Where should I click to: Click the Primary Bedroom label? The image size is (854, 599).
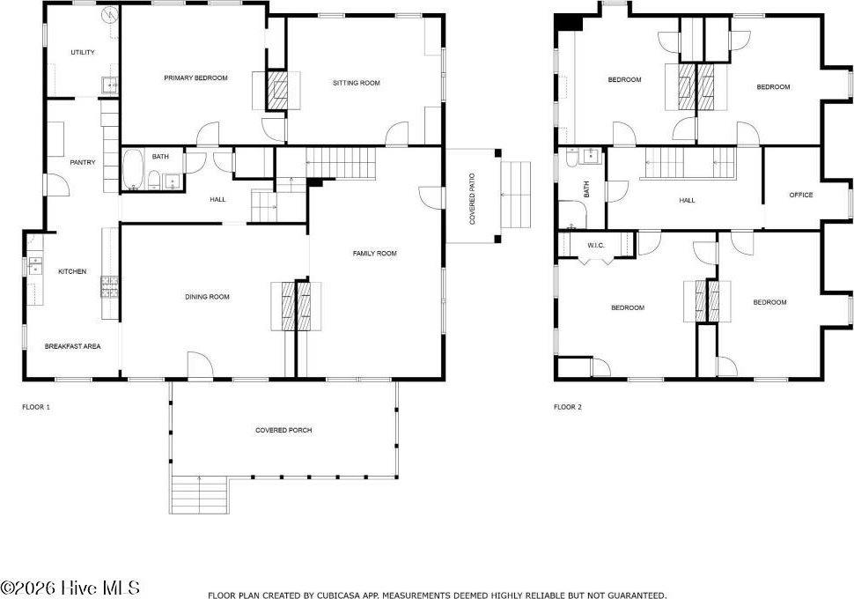195,78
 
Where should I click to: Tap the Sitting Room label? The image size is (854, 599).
356,83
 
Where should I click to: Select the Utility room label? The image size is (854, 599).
83,53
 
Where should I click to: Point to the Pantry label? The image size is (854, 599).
83,162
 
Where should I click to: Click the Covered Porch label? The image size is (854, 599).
283,430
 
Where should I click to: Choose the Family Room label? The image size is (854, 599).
375,254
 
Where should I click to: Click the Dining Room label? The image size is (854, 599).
207,297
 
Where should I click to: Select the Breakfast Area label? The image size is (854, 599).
73,346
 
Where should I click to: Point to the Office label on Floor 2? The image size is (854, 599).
801,195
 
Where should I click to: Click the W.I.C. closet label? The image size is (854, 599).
595,246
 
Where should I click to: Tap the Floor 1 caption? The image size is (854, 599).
36,407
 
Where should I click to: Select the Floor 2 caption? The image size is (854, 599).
568,407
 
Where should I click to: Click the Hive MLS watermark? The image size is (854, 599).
70,588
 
